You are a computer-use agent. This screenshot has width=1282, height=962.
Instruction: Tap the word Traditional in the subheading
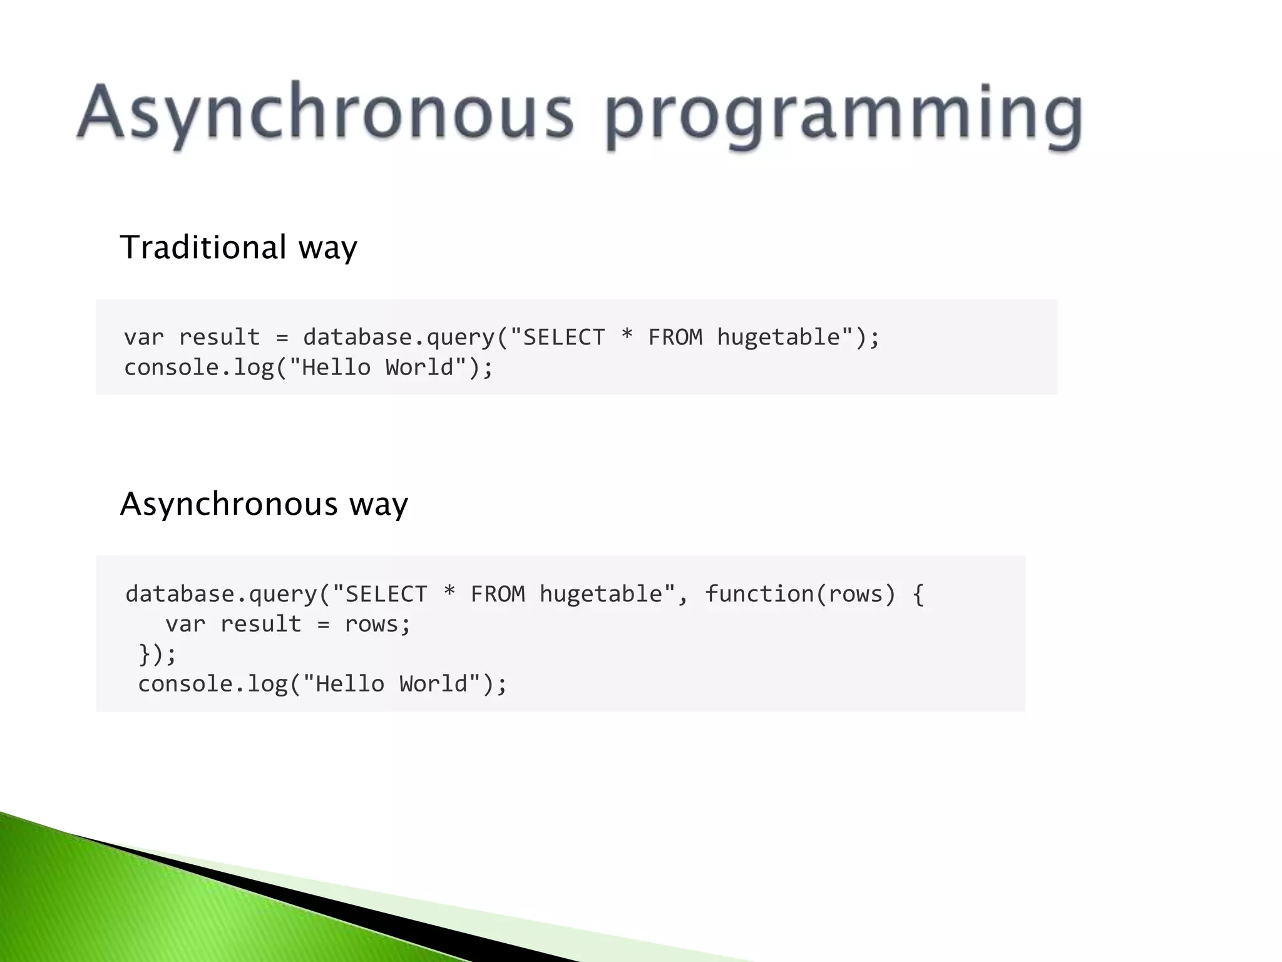coord(203,247)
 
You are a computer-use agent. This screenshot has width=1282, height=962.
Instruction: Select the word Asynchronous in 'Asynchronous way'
coord(228,504)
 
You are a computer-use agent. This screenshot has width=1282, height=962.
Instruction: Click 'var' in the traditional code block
coord(144,338)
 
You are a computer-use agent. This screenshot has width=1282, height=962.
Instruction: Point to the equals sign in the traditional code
coord(282,338)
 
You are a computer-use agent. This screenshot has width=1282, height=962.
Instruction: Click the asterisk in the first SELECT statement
coord(627,337)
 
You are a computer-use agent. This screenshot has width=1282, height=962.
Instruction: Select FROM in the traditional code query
coord(675,338)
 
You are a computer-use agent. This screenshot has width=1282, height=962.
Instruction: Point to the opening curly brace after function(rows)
coord(918,594)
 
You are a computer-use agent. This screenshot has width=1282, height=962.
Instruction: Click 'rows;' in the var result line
coord(377,624)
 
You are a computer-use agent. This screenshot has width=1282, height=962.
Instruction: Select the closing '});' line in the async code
coord(157,654)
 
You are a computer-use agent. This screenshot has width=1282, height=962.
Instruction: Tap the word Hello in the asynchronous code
coord(349,684)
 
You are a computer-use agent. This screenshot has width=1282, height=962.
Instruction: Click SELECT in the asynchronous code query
coord(386,594)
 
